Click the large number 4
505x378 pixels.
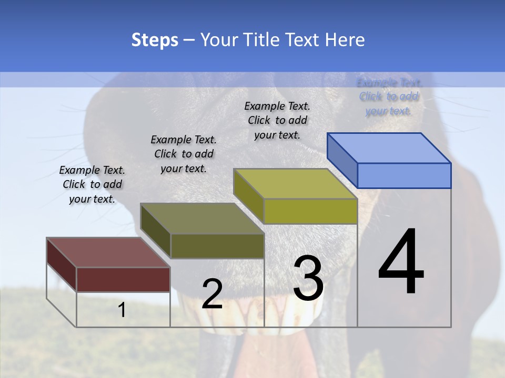401,262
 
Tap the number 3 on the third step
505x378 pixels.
308,278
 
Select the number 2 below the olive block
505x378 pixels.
213,294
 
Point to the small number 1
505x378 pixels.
122,310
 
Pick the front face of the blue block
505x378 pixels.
404,175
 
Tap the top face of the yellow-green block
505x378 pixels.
295,184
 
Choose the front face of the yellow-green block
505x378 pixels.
310,211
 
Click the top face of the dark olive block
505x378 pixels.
202,218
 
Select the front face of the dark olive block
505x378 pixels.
217,246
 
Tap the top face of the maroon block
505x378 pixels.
108,253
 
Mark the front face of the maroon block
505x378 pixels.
123,279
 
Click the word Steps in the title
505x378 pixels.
155,40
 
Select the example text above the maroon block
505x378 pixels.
92,184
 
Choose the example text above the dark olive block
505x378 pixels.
184,154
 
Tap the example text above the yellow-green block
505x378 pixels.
277,120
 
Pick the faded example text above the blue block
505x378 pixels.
389,96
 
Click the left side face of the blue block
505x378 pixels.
342,160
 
